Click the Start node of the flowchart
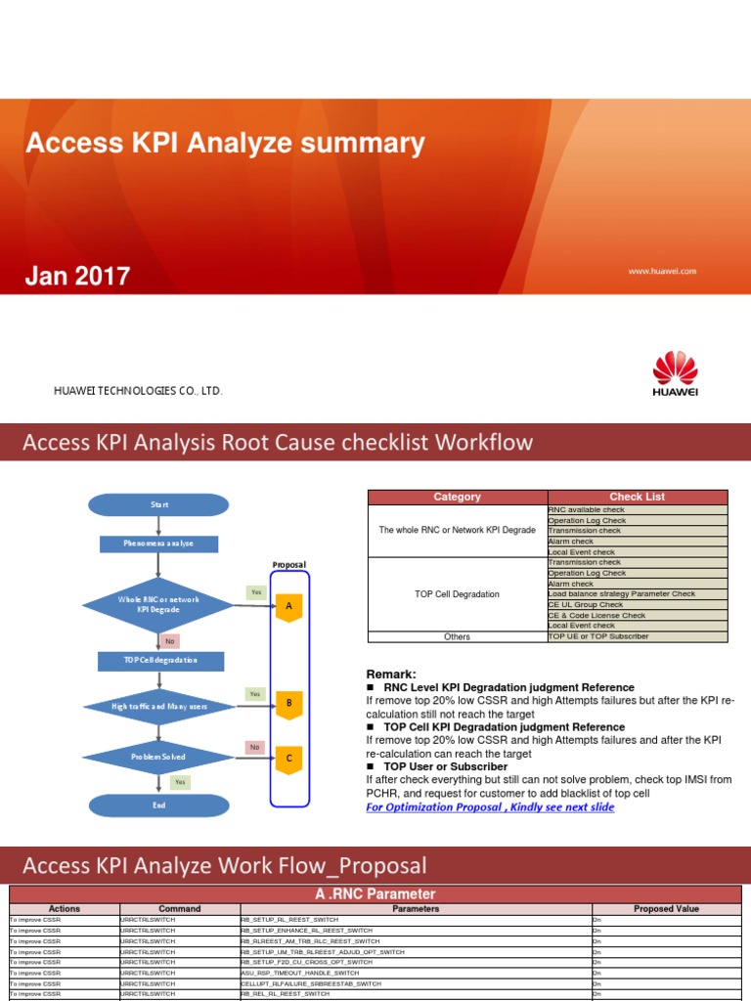158,504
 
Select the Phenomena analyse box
158,544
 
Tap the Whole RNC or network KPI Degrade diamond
158,604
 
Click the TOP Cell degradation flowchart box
160,661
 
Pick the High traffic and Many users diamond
158,706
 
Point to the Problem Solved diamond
158,757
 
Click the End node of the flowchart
158,805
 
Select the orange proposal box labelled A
288,607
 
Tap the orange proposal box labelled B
288,703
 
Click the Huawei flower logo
675,369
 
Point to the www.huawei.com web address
662,271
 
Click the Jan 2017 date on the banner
77,277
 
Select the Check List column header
637,497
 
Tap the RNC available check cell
638,510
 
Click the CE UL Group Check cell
638,605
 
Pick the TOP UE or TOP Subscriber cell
638,636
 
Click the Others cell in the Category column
457,636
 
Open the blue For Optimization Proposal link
490,807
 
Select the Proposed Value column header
666,909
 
